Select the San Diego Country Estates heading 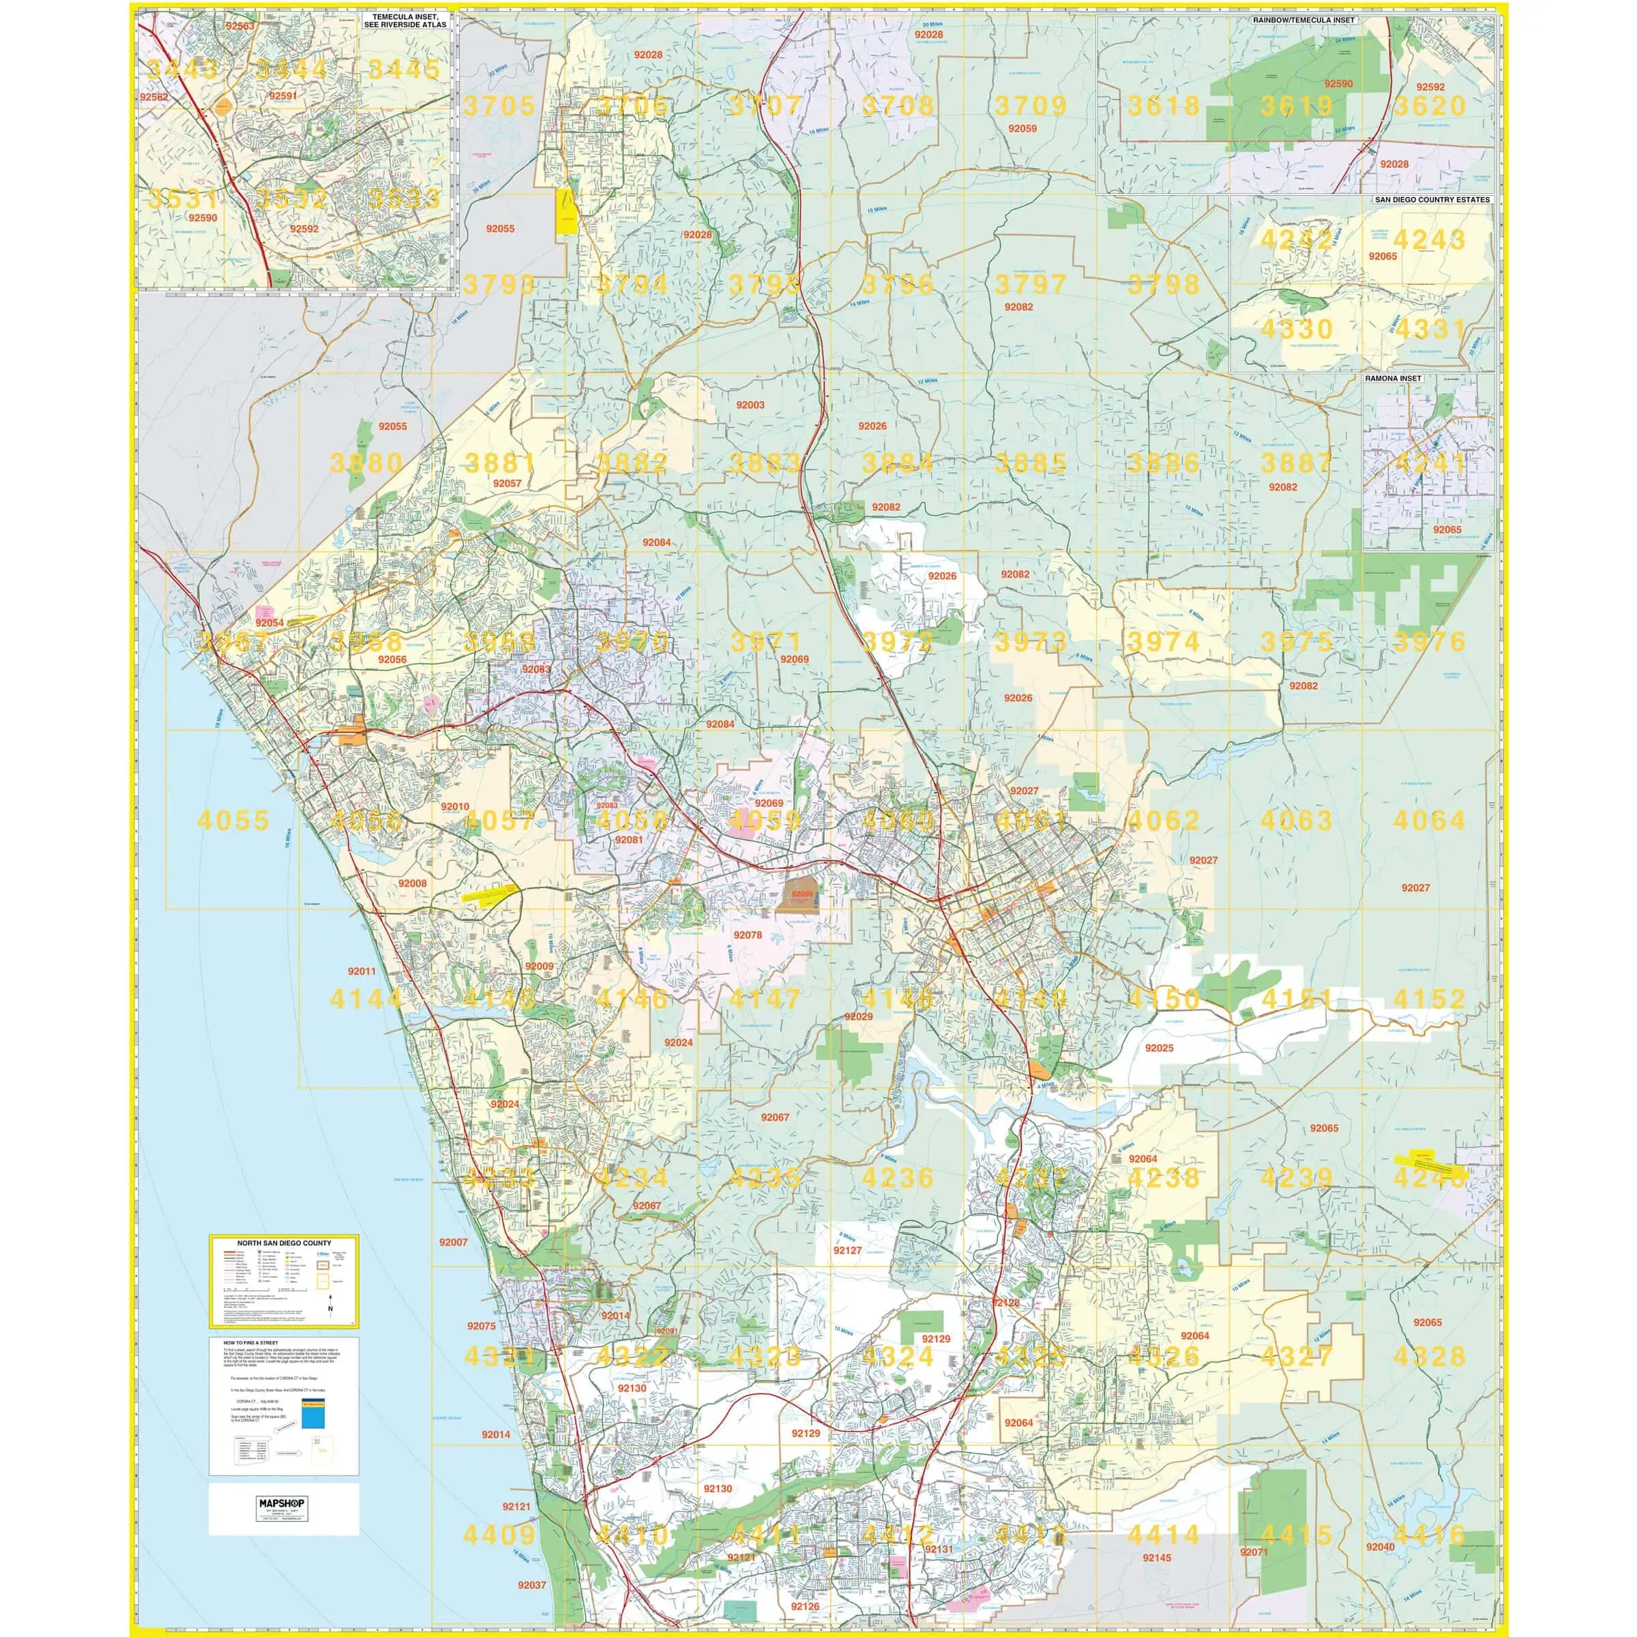[x=1431, y=200]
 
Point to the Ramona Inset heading [x=1393, y=379]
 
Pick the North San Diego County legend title [x=284, y=1243]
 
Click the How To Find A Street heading [x=250, y=1343]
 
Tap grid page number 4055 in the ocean [x=233, y=820]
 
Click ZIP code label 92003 [x=750, y=405]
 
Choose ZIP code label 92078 [x=748, y=934]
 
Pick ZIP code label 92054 [x=269, y=623]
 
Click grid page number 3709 [x=1031, y=106]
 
